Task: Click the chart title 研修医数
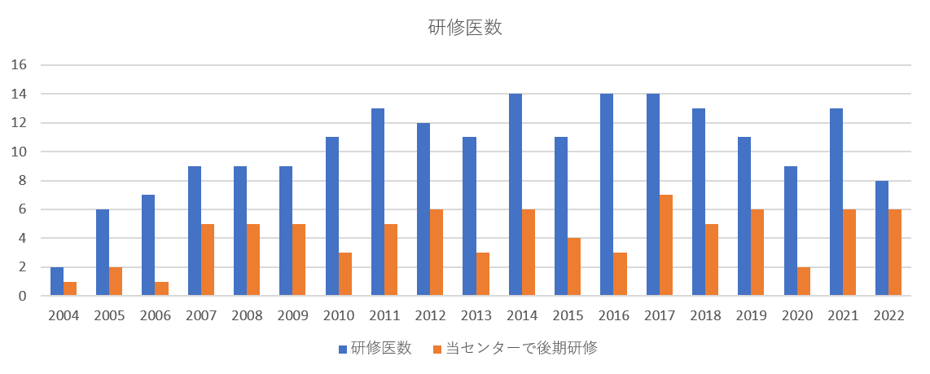465,28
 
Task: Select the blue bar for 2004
57,282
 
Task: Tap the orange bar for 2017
665,245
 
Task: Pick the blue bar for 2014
515,196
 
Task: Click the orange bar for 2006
161,288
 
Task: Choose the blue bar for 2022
882,239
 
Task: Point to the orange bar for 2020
804,281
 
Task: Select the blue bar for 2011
378,202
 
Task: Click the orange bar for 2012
436,253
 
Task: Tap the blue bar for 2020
791,231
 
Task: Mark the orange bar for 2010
345,275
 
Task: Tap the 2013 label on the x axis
476,316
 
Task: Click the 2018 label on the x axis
705,316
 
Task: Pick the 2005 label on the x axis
109,316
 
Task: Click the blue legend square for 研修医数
343,350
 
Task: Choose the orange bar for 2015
574,267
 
